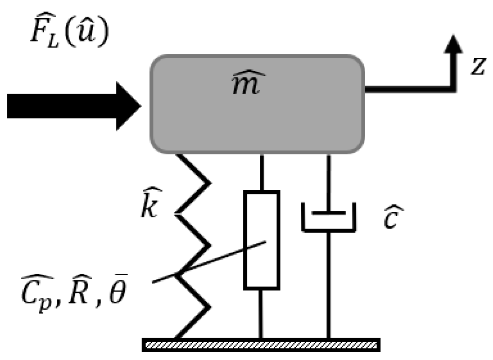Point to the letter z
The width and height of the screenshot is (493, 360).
(477, 66)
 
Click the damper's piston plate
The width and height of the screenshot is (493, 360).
(328, 213)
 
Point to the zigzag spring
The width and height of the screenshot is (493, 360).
(194, 246)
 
